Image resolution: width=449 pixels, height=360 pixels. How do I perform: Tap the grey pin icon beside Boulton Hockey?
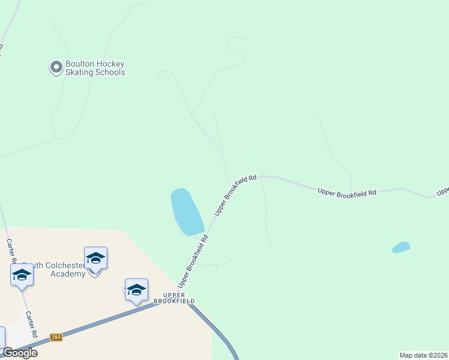(x=56, y=67)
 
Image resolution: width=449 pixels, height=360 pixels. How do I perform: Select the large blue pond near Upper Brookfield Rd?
(x=187, y=212)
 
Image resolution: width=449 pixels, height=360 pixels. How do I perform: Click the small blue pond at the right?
(x=401, y=247)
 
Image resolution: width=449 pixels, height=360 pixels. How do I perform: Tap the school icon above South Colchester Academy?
(x=95, y=258)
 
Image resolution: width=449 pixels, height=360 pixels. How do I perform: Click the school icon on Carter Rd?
(x=22, y=275)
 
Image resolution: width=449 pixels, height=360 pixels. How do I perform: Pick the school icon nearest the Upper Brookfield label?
(x=136, y=289)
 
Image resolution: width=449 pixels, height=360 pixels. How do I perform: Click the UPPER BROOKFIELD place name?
(x=174, y=300)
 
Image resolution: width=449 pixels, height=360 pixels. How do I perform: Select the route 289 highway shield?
(x=56, y=337)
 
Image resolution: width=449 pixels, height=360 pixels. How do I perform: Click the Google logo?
(x=20, y=353)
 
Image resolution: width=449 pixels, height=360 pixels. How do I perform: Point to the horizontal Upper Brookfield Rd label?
(x=347, y=192)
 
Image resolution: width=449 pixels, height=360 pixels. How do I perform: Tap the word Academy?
(x=68, y=274)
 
